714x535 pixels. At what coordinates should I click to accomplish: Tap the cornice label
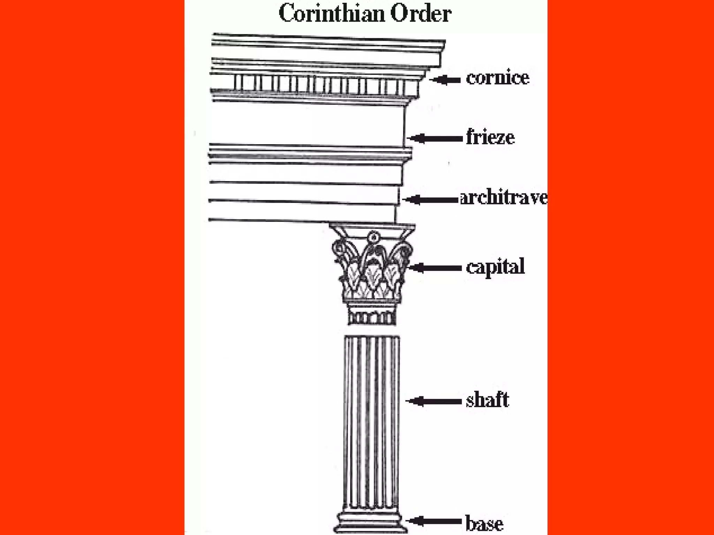tap(497, 78)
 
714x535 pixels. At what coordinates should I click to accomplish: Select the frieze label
tap(490, 137)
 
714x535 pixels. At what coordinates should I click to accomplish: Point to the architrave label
tap(503, 198)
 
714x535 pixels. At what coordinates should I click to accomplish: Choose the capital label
tap(495, 267)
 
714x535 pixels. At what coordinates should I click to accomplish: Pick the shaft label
tap(487, 400)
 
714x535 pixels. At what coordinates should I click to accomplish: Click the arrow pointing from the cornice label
tap(446, 80)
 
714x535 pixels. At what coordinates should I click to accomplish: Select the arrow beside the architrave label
tap(430, 200)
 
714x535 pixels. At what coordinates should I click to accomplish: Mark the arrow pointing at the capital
tap(434, 268)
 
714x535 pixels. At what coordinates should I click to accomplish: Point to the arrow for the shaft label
tap(434, 401)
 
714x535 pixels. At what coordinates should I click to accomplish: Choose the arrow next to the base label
tap(434, 521)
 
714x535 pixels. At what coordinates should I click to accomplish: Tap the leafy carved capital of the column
tap(372, 268)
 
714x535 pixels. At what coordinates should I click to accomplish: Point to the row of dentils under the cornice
tap(321, 84)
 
